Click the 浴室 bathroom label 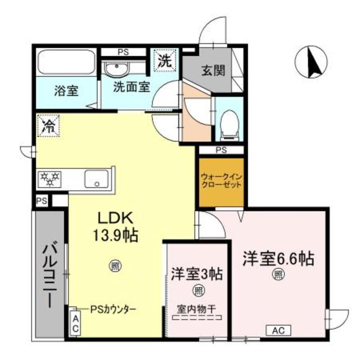[x=66, y=90]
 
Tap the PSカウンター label [x=114, y=309]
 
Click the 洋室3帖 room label [x=197, y=274]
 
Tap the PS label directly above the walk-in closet [x=221, y=150]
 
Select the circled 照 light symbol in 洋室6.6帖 [x=278, y=274]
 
